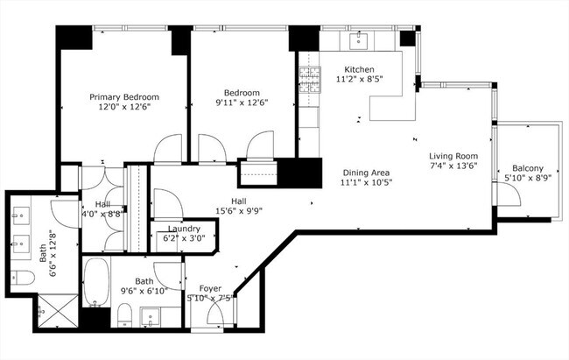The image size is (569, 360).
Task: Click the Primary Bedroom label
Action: point(124,97)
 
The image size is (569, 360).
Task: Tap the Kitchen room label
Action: point(359,69)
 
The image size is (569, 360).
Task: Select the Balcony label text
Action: point(528,168)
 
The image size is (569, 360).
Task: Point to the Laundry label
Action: point(184,229)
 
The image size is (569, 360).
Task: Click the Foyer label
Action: point(210,288)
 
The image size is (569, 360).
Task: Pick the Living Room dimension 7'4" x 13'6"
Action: point(453,166)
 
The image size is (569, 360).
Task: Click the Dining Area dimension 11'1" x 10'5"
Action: point(367,182)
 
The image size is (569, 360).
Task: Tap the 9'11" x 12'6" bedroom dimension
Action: point(242,102)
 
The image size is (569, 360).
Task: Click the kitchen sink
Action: point(359,41)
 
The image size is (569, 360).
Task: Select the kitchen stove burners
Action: point(310,80)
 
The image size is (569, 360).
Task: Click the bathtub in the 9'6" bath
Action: point(96,281)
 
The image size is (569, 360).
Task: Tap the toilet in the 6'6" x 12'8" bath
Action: point(23,278)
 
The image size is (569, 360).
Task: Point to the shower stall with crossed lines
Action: point(58,311)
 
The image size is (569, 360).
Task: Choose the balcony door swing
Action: point(509,194)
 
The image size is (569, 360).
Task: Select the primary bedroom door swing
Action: point(168,148)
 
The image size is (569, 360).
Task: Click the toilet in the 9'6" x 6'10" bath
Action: point(125,314)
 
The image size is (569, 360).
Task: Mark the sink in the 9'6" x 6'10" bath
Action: point(151,317)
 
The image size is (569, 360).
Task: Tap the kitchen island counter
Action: point(393,108)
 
